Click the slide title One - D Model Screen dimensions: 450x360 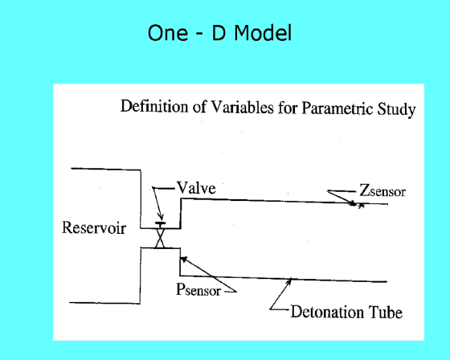pos(220,32)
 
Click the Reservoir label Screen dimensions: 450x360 pos(94,228)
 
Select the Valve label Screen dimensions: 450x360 pos(196,188)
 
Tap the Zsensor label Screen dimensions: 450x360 pos(382,190)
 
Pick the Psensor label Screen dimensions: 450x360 pos(198,289)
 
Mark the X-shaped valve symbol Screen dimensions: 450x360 pos(160,239)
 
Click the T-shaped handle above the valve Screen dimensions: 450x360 pos(160,224)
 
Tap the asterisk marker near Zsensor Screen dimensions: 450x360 pos(361,206)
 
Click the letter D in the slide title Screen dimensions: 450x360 pos(219,32)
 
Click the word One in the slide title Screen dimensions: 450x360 pos(168,33)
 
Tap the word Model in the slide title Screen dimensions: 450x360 pos(263,32)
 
